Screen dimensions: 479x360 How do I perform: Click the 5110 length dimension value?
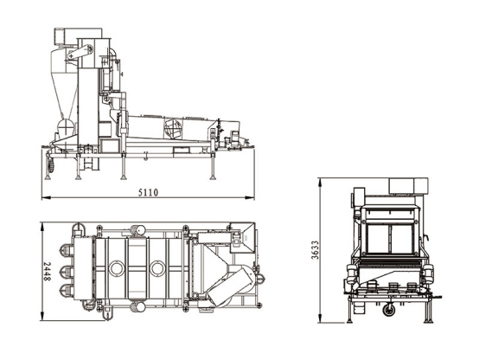click(x=148, y=192)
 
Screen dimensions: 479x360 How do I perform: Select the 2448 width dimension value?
click(x=47, y=272)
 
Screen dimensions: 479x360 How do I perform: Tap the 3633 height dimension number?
click(x=315, y=250)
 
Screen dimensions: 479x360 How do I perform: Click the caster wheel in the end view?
click(x=388, y=310)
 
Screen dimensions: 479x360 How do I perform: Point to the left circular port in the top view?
click(x=116, y=268)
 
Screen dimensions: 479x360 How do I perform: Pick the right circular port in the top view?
click(x=157, y=268)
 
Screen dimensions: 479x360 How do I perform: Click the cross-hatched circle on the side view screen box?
click(x=173, y=127)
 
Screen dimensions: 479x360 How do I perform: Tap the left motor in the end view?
click(x=351, y=273)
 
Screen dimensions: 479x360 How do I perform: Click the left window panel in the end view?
click(x=379, y=239)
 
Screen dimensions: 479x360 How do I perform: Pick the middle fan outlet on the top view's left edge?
click(x=67, y=272)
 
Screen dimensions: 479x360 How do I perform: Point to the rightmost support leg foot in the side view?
click(x=213, y=177)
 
